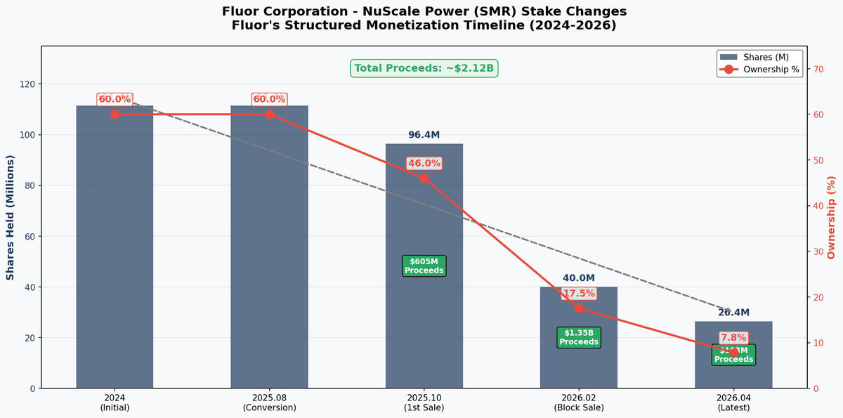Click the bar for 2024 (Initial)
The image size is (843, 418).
(x=115, y=247)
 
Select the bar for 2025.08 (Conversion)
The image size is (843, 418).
(x=269, y=247)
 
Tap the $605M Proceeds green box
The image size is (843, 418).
(x=424, y=266)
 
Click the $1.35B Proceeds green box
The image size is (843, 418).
(x=578, y=337)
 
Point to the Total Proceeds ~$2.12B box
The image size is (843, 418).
(x=424, y=68)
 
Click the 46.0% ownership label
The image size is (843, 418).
(x=424, y=163)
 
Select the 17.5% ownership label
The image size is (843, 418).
(x=578, y=293)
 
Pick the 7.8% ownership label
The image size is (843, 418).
(x=733, y=337)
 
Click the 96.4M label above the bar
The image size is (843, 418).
(x=424, y=135)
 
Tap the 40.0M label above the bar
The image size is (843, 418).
(x=578, y=278)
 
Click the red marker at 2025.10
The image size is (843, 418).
(x=424, y=178)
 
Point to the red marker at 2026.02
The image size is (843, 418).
(x=578, y=308)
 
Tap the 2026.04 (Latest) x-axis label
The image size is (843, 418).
(x=733, y=402)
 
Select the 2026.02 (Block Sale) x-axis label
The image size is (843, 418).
(x=578, y=402)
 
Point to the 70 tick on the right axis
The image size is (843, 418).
(x=818, y=69)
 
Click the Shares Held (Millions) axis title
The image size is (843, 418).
(x=11, y=217)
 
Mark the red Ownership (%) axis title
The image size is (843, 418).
(x=832, y=217)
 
